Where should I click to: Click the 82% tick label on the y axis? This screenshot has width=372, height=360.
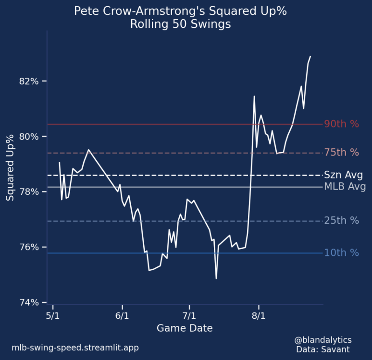tap(29, 81)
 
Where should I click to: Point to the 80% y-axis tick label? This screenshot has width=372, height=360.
tap(29, 136)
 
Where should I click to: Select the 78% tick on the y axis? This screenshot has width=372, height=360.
tap(29, 192)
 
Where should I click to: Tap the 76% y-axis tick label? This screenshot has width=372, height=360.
tap(29, 247)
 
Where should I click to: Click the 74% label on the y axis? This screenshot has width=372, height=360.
tap(29, 302)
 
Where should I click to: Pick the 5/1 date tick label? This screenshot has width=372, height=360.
tap(52, 316)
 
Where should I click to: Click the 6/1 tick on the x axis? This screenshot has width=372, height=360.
tap(122, 316)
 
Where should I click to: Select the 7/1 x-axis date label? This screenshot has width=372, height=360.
tap(189, 316)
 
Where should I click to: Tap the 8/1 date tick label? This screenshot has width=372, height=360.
tap(259, 316)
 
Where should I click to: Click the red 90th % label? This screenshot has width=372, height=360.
tap(341, 124)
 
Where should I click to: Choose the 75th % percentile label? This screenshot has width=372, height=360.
tap(341, 153)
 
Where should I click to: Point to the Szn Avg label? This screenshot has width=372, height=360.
tap(343, 175)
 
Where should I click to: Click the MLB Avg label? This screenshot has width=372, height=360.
tap(345, 187)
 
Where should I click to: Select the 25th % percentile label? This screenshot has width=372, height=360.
tap(341, 221)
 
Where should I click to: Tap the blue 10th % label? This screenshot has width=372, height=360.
tap(341, 252)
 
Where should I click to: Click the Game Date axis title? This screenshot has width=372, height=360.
tap(185, 328)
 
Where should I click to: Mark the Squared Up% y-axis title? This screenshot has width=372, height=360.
tap(10, 167)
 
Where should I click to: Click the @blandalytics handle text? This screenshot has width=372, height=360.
tap(322, 340)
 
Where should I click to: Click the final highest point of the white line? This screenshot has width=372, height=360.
tap(310, 57)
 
